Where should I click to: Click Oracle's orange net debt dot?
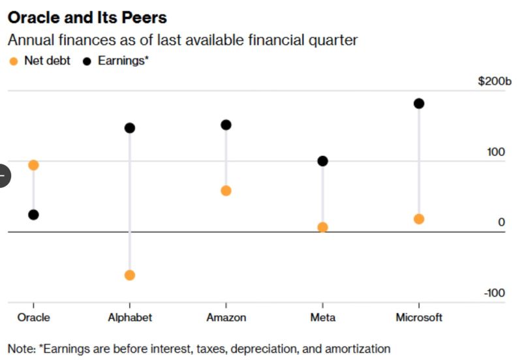point(33,165)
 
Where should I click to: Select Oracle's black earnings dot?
point(33,215)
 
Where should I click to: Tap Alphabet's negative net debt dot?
point(130,275)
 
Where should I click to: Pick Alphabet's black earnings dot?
point(130,128)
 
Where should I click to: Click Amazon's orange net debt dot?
point(226,190)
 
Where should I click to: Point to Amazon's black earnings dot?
point(226,125)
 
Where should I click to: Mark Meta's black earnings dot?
point(322,161)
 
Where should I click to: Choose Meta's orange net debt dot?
point(322,227)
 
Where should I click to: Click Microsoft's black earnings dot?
point(419,103)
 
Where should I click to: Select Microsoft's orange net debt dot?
point(419,219)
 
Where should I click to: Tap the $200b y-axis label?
point(495,82)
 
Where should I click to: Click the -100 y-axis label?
point(495,293)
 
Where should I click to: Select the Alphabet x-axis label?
point(130,318)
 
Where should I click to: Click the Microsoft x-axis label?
point(419,318)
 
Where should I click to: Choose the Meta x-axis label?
point(322,318)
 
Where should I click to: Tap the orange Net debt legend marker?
point(13,61)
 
